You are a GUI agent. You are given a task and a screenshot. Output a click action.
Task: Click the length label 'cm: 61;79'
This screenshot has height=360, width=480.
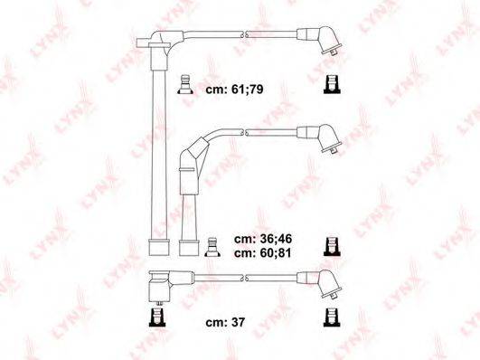click(234, 90)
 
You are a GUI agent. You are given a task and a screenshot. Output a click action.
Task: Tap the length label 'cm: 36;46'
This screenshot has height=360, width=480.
click(263, 239)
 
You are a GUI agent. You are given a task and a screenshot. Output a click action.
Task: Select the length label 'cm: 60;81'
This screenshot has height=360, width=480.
click(263, 253)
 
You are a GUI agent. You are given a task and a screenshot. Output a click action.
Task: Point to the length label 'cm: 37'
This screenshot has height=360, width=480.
click(225, 322)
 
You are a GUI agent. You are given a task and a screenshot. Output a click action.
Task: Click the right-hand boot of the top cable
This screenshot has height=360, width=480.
click(320, 42)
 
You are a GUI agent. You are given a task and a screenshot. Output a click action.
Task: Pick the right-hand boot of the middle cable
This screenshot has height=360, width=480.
click(320, 138)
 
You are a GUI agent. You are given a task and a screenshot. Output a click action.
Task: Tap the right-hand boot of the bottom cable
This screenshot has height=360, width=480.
click(320, 284)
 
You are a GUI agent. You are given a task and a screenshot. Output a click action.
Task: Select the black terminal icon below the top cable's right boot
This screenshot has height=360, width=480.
click(332, 84)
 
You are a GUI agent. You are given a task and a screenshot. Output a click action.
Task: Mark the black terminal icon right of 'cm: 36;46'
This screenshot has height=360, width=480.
click(332, 247)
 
